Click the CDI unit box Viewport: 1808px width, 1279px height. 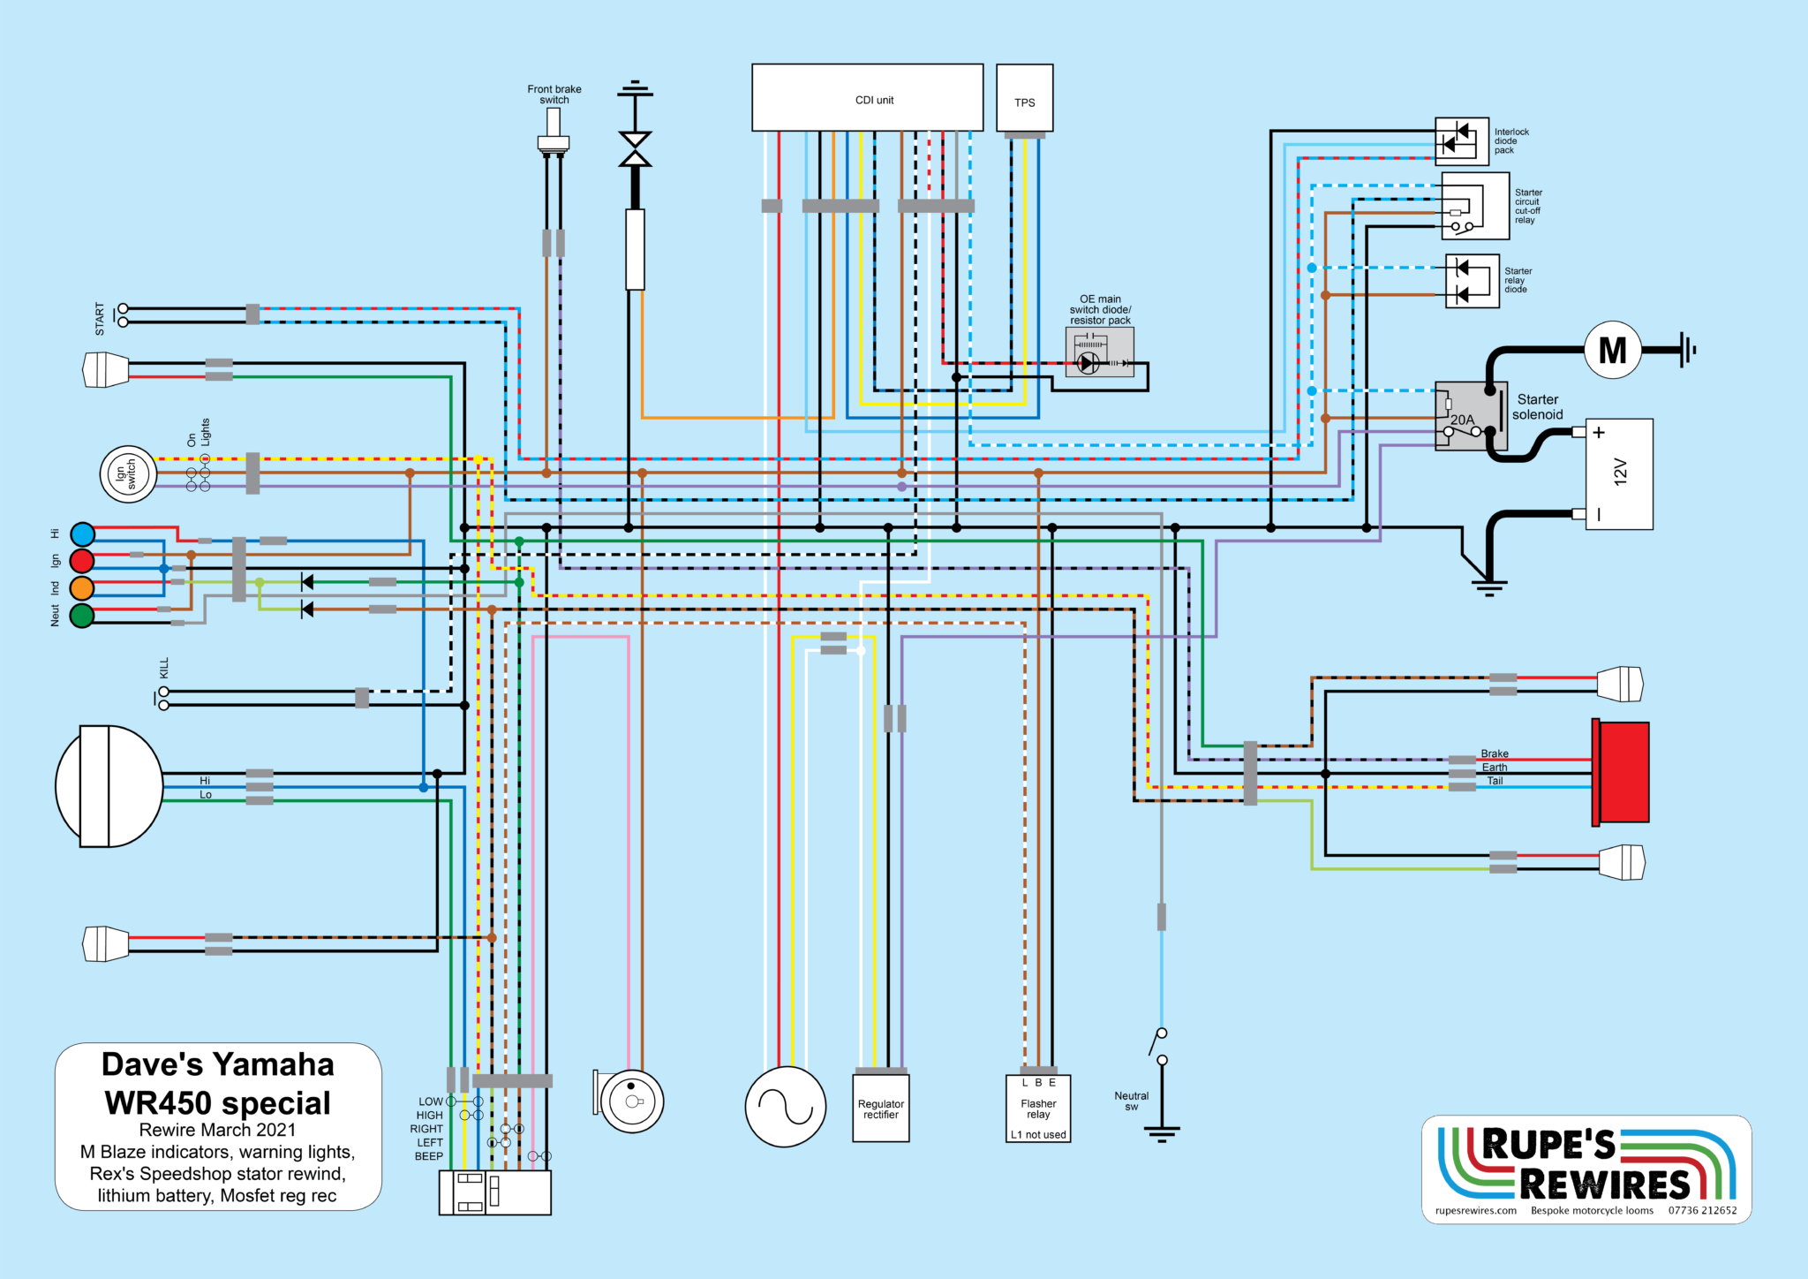click(x=867, y=97)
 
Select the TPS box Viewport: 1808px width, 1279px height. click(x=1024, y=98)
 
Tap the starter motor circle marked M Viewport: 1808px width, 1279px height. click(x=1612, y=351)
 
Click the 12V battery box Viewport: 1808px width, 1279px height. click(x=1619, y=473)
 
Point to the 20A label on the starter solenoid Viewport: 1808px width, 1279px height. click(x=1462, y=420)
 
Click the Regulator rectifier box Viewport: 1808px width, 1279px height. click(x=880, y=1109)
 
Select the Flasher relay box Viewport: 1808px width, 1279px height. click(x=1038, y=1109)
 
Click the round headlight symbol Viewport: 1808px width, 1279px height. click(x=109, y=786)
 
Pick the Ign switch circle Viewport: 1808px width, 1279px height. click(x=128, y=474)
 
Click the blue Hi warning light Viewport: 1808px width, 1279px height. click(x=82, y=534)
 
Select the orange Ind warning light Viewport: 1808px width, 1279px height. click(x=82, y=588)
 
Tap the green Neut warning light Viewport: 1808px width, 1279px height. click(x=82, y=616)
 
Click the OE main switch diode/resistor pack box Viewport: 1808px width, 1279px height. click(x=1099, y=352)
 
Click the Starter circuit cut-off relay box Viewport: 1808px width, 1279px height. click(x=1474, y=206)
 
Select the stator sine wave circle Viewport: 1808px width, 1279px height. click(x=785, y=1107)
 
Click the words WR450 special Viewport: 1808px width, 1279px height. click(x=217, y=1103)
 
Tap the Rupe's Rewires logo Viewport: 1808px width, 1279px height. click(x=1586, y=1169)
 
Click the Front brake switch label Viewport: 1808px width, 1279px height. click(x=554, y=95)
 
